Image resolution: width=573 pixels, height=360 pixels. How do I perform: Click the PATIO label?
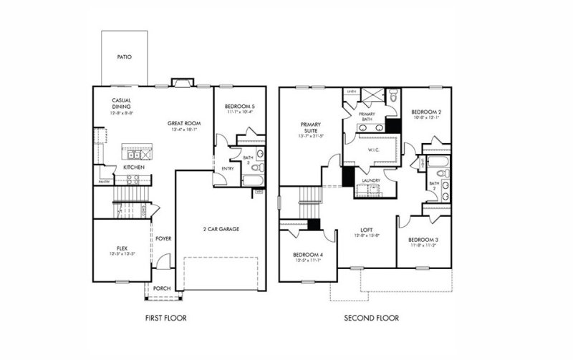click(x=124, y=57)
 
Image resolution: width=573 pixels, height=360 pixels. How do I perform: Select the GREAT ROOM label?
click(x=183, y=123)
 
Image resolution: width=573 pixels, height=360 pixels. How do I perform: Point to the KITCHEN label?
click(x=134, y=167)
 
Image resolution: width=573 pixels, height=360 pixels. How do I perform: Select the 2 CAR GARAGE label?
click(x=220, y=229)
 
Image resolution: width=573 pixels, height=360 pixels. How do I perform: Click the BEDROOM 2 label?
click(x=425, y=112)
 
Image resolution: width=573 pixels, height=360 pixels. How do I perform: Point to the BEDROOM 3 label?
click(x=423, y=240)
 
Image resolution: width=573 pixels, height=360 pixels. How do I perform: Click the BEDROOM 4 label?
click(x=307, y=256)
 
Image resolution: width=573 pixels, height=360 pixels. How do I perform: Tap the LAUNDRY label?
click(x=370, y=180)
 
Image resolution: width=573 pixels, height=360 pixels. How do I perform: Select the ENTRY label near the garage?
click(x=228, y=168)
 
